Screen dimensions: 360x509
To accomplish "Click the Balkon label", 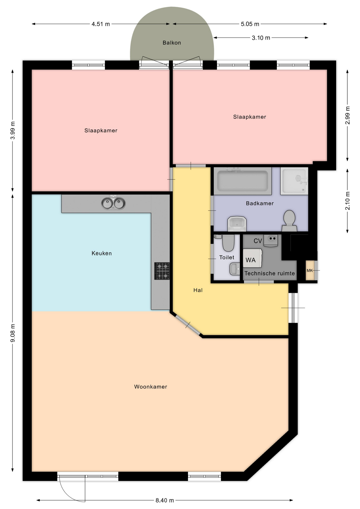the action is (x=172, y=43).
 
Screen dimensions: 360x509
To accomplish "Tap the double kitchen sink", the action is (x=113, y=203).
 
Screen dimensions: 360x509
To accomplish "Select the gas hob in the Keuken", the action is (x=162, y=271).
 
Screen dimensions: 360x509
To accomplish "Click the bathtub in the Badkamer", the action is (x=243, y=181).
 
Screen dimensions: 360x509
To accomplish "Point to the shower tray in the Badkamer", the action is (x=294, y=181).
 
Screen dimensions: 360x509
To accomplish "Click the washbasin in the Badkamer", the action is (x=237, y=224).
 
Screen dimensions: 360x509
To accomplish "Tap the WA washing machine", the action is (x=252, y=258).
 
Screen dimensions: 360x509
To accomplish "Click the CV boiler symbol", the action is (x=271, y=241).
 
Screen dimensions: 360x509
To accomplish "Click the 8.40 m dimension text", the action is (x=165, y=500).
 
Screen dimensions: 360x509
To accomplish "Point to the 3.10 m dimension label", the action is (x=261, y=38).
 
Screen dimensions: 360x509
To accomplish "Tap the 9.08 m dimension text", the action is (x=13, y=333).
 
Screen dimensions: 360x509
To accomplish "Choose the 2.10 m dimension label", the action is (x=348, y=201).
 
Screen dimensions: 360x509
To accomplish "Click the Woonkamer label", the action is (x=151, y=387).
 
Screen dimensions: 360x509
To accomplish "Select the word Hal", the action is (x=198, y=290).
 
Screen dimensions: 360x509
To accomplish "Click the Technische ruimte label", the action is (x=270, y=273).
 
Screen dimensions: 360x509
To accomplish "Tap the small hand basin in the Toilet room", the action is (x=235, y=269).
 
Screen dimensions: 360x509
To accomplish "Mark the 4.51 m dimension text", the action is (x=101, y=24).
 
